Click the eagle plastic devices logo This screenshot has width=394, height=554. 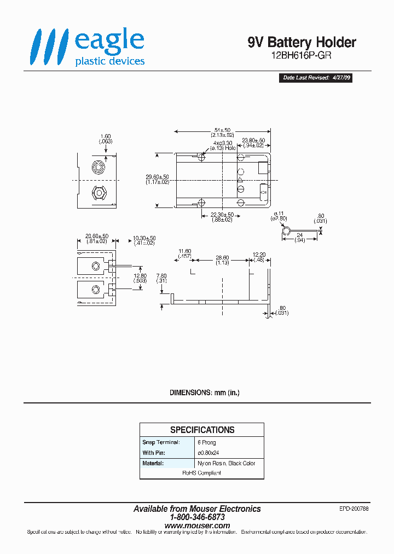88,47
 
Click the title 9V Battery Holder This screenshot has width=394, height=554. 302,43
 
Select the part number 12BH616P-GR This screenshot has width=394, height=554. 302,56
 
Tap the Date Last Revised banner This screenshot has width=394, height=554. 317,78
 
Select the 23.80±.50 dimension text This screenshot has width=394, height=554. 253,143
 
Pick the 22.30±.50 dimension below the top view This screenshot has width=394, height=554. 222,217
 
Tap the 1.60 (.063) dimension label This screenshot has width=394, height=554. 106,138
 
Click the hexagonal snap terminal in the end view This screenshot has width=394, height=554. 99,194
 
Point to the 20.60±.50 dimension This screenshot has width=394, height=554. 97,239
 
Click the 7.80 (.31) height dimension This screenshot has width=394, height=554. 161,279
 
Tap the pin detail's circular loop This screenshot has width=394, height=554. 285,232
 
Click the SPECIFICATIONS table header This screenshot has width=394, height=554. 202,430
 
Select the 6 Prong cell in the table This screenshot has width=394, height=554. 207,442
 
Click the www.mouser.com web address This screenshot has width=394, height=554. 197,526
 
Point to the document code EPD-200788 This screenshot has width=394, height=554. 354,509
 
